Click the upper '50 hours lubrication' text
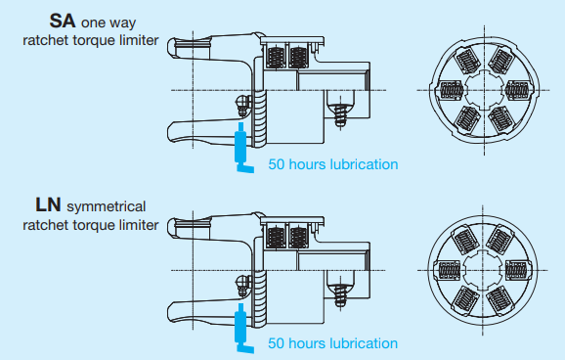pos(333,164)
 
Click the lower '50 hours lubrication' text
pos(333,344)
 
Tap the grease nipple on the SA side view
pos(242,103)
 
